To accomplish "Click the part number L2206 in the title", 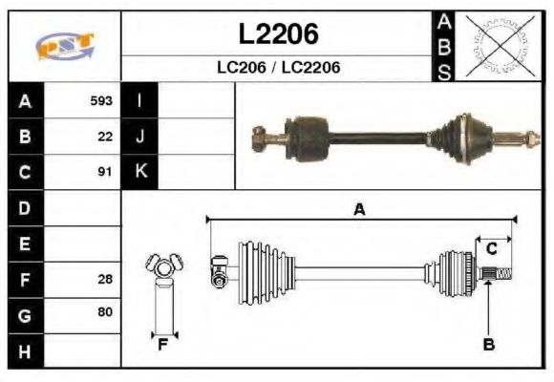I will pos(278,34).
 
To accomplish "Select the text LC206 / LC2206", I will pos(278,68).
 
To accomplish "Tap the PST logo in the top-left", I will pos(65,46).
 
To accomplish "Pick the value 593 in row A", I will pos(101,100).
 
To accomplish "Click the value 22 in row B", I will pos(105,136).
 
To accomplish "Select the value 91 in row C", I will pos(105,172).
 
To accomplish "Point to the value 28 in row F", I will pos(105,279).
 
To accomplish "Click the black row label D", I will pos(25,207).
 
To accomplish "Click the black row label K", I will pos(140,172).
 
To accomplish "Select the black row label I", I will pos(140,100).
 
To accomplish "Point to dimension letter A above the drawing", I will pos(359,210).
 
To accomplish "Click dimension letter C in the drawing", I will pos(491,249).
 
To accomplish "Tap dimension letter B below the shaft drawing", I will pos(488,344).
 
